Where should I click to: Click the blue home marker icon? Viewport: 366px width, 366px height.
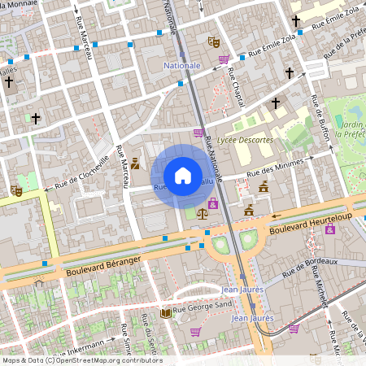[183, 176]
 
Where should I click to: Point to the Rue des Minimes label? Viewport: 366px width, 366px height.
[274, 167]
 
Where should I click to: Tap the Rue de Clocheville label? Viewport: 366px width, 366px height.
[82, 173]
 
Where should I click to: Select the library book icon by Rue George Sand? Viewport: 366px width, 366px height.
[166, 312]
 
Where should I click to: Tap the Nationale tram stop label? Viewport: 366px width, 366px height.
[181, 65]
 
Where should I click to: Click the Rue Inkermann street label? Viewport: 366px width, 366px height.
[81, 346]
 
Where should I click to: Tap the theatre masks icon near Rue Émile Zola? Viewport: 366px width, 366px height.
[214, 41]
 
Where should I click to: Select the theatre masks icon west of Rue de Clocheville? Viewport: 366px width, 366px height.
[15, 191]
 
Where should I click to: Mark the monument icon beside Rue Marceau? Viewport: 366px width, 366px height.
[135, 163]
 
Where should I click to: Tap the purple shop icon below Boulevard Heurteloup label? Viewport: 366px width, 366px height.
[329, 230]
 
